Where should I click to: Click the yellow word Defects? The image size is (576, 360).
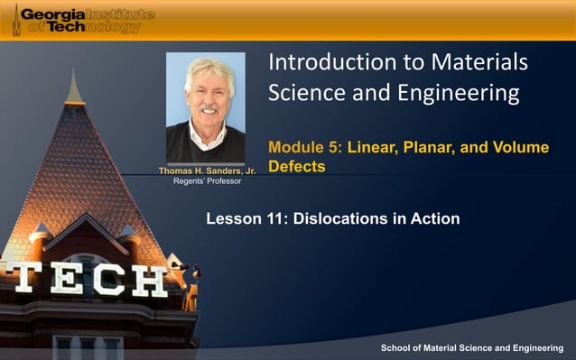click(x=296, y=167)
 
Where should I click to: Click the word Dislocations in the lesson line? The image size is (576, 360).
click(x=334, y=219)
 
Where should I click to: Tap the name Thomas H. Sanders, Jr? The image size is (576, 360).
click(x=207, y=171)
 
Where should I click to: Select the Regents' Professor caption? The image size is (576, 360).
click(x=207, y=181)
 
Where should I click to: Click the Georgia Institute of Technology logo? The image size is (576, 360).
click(x=82, y=20)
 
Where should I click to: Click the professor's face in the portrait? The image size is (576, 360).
click(x=208, y=90)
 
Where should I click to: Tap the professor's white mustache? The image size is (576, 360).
click(x=208, y=107)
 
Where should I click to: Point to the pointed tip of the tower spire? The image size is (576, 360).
click(x=73, y=72)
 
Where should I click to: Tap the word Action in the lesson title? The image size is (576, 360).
click(x=436, y=219)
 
